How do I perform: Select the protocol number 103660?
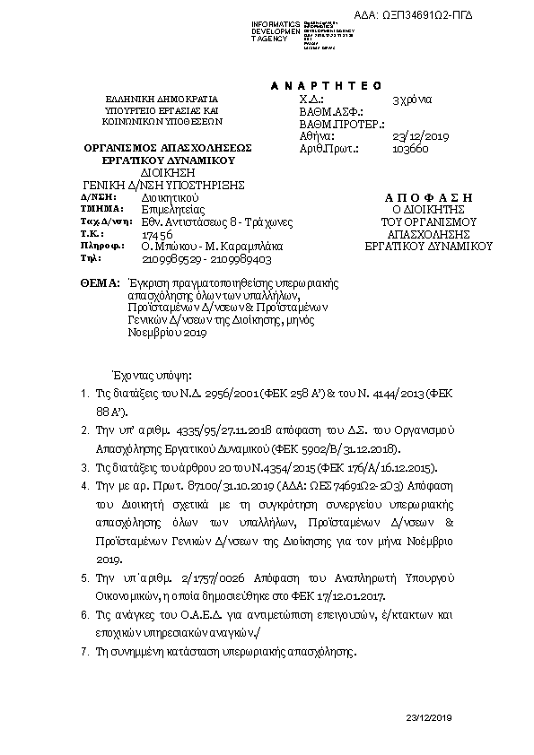[x=411, y=150]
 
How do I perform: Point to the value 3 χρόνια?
[x=414, y=100]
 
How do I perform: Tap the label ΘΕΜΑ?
[x=99, y=282]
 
